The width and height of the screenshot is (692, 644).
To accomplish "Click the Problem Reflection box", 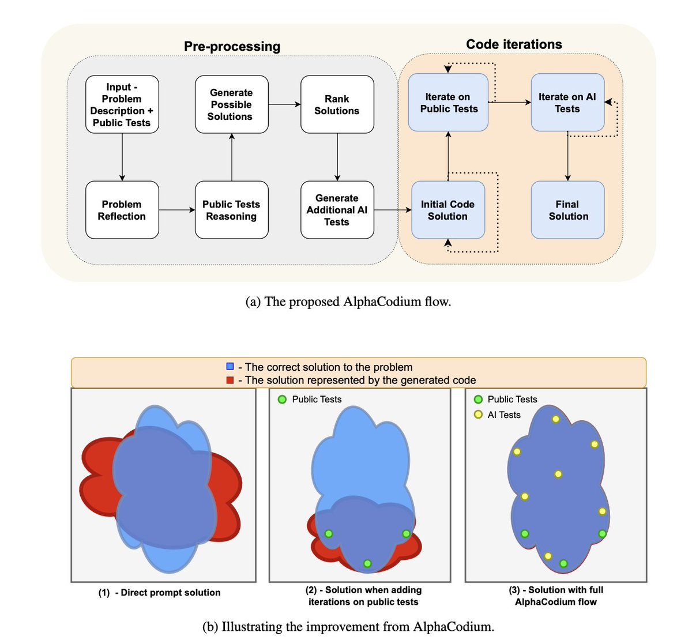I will (x=122, y=210).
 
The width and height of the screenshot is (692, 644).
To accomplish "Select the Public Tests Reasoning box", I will (x=231, y=210).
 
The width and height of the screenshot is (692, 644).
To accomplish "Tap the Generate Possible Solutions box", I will (x=231, y=104).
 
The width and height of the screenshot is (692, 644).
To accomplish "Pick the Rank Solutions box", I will (x=337, y=104).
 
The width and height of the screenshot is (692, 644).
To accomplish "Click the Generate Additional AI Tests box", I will (x=337, y=210).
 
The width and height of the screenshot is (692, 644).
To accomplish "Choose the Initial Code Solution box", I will (x=447, y=210).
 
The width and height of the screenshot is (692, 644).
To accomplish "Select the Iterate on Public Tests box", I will (x=448, y=103).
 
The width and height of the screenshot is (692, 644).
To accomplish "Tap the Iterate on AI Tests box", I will (x=567, y=103).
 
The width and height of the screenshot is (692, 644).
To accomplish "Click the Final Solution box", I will (x=567, y=210).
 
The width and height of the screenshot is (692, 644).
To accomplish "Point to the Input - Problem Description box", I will (x=122, y=104).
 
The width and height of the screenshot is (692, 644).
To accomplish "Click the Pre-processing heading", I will (x=232, y=46).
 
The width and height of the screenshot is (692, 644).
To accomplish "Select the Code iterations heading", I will (x=514, y=44).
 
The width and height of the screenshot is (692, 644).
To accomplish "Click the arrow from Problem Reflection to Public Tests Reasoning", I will (x=176, y=210).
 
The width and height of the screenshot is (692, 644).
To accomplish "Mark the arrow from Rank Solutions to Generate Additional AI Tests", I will (x=337, y=157).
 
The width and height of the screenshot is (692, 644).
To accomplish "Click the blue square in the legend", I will (x=231, y=367).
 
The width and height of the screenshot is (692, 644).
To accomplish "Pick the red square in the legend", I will (x=231, y=380).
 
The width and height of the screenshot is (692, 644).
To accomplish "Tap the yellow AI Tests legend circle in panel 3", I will (x=478, y=415).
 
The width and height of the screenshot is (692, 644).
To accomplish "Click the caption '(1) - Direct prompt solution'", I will (x=159, y=592).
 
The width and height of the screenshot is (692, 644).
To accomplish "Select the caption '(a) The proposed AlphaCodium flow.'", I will (x=348, y=302).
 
